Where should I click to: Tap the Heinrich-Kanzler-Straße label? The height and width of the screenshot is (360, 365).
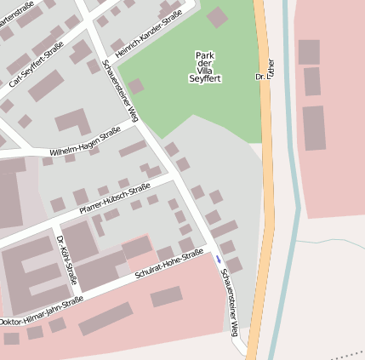[x=149, y=35]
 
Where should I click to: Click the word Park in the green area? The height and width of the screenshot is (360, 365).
[x=205, y=55]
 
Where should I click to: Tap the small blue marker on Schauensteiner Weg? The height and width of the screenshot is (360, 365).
[x=218, y=258]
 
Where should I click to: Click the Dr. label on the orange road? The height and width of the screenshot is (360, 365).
[x=259, y=77]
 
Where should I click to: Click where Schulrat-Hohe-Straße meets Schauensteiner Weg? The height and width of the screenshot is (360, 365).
[x=210, y=249]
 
